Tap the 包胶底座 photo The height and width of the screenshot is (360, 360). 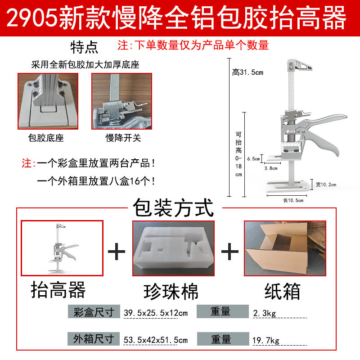(48, 102)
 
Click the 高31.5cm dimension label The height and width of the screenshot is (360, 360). (247, 72)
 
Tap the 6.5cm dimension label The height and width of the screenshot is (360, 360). (253, 159)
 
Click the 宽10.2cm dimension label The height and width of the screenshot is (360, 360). (326, 184)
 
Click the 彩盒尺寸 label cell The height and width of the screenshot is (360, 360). (94, 312)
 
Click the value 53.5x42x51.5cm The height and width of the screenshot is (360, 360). (155, 340)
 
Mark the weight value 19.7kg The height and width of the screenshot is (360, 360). (265, 340)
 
